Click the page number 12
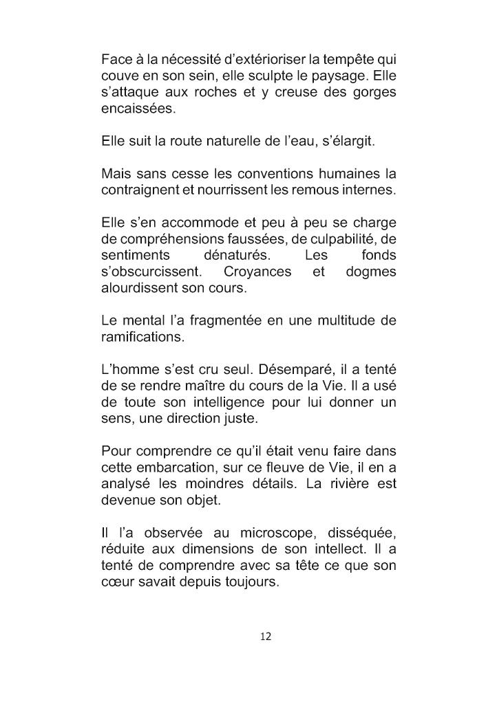pos(266,637)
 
